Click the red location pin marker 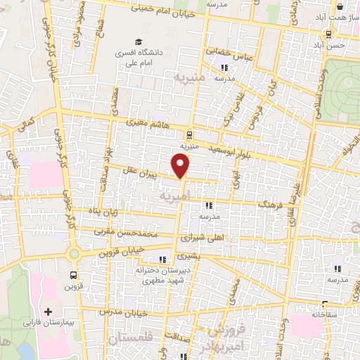point(181,166)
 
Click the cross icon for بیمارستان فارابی point(48,311)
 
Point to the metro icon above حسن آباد point(328,34)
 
